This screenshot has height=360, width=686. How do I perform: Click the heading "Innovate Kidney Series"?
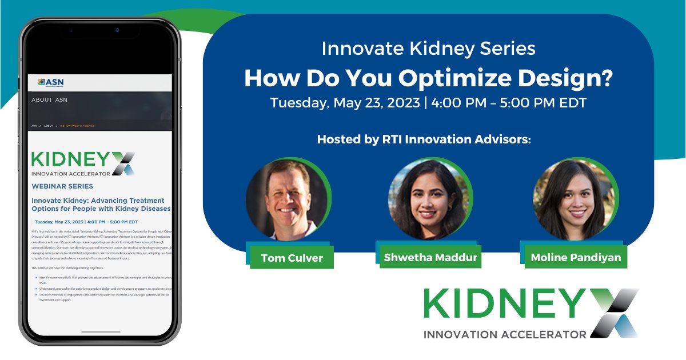[428, 49]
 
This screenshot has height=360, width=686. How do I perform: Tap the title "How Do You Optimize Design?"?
[428, 78]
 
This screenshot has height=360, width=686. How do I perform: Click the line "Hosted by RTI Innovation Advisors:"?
[424, 139]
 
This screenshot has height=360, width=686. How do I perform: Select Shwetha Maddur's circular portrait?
[429, 198]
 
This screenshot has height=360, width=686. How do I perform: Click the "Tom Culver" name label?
[292, 258]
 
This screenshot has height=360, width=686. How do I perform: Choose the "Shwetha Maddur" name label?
[430, 257]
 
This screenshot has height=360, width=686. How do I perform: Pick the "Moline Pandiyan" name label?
[576, 257]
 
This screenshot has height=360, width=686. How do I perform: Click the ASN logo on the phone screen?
[51, 83]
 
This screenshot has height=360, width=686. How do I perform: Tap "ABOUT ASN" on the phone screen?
[50, 100]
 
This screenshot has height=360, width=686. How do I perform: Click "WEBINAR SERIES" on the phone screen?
[62, 186]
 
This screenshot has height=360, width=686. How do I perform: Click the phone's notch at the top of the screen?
[101, 30]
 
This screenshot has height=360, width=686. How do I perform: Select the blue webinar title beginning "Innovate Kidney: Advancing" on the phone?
[98, 205]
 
